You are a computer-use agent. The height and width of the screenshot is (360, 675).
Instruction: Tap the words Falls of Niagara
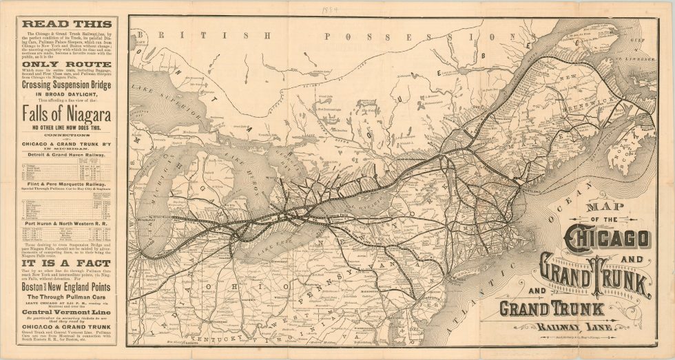pos(67,114)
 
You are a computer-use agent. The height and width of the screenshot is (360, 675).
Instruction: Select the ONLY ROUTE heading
pos(67,64)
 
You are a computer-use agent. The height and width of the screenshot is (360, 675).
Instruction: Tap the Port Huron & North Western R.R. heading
pos(67,222)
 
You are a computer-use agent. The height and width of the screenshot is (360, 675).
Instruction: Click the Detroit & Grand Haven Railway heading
pos(67,156)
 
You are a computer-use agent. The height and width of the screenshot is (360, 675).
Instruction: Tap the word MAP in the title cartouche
pos(599,207)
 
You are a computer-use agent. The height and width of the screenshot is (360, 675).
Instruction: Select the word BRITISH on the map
pos(167,34)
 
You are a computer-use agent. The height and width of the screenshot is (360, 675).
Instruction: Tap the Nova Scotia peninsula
pos(630,148)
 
